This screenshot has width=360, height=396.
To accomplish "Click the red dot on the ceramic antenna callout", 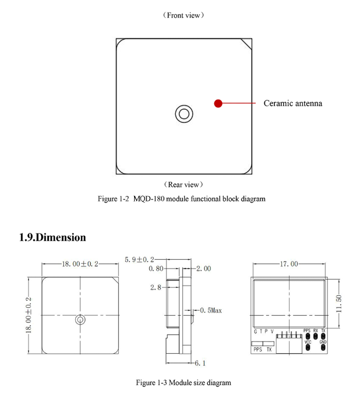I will coord(218,103).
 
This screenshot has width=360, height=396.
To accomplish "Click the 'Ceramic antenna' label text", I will coord(293,103).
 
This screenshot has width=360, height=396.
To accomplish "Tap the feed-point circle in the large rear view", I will coord(184,114).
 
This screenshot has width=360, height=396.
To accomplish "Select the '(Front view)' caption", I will coord(184,15).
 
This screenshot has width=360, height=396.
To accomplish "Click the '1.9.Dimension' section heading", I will coord(52,237).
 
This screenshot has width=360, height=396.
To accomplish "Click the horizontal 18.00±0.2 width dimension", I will coord(80,264).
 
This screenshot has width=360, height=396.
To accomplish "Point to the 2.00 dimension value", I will coord(203,269).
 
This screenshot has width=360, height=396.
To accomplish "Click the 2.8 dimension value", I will coord(156,287).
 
